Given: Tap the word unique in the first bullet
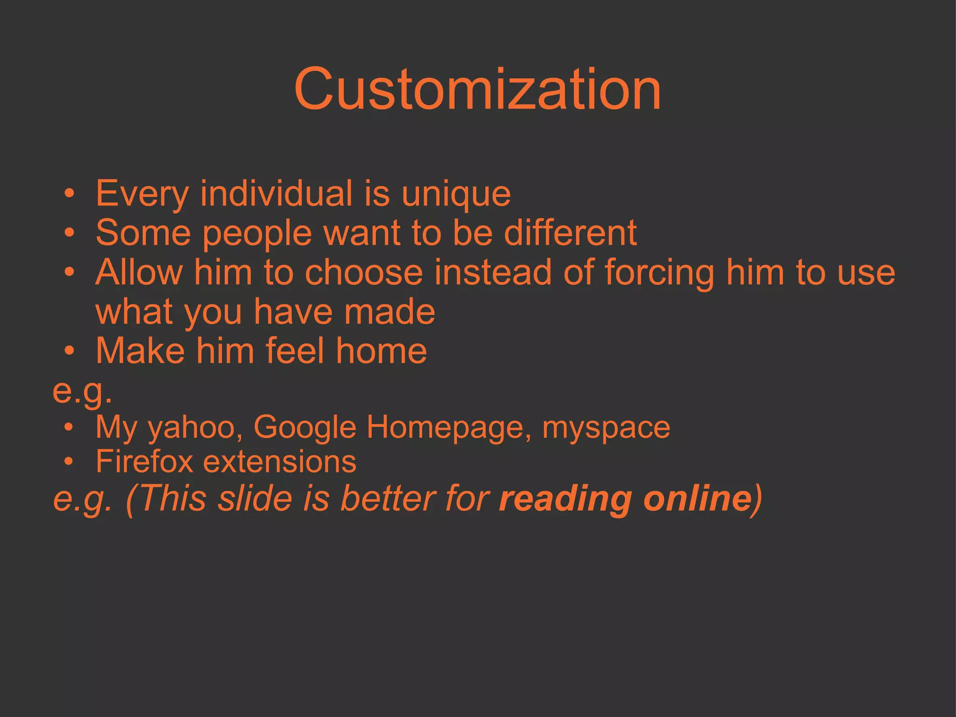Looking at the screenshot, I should (x=456, y=194).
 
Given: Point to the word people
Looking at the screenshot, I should (x=257, y=233).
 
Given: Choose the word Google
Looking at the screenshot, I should (x=305, y=428).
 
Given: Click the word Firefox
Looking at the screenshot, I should (x=144, y=462).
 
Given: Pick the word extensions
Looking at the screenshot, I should (x=280, y=462).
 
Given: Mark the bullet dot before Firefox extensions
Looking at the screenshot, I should (x=69, y=462).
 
